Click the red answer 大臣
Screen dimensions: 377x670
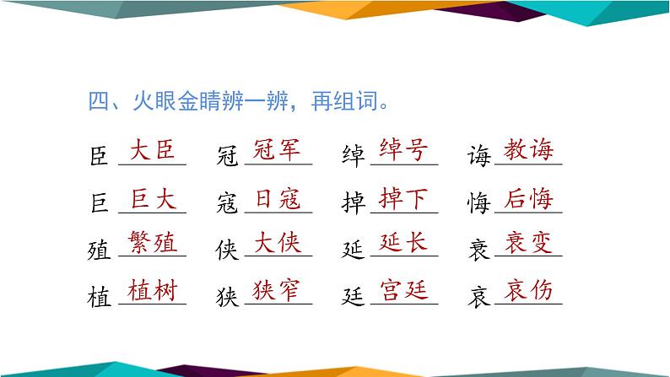(x=154, y=151)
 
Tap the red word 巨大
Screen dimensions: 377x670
(x=154, y=199)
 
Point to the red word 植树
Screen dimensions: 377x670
(x=154, y=291)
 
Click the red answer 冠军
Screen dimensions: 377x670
(x=278, y=151)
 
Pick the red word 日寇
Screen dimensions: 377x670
(x=278, y=199)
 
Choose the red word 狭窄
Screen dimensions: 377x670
(x=278, y=291)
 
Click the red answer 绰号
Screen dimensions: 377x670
(x=404, y=151)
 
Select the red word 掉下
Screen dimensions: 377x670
(x=404, y=199)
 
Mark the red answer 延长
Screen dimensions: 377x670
(x=404, y=244)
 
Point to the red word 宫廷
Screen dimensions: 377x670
(x=404, y=291)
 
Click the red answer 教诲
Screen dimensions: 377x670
(x=527, y=151)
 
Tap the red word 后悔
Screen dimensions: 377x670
(x=527, y=199)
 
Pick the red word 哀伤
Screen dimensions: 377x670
(x=527, y=291)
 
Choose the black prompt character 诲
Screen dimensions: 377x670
(x=478, y=157)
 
